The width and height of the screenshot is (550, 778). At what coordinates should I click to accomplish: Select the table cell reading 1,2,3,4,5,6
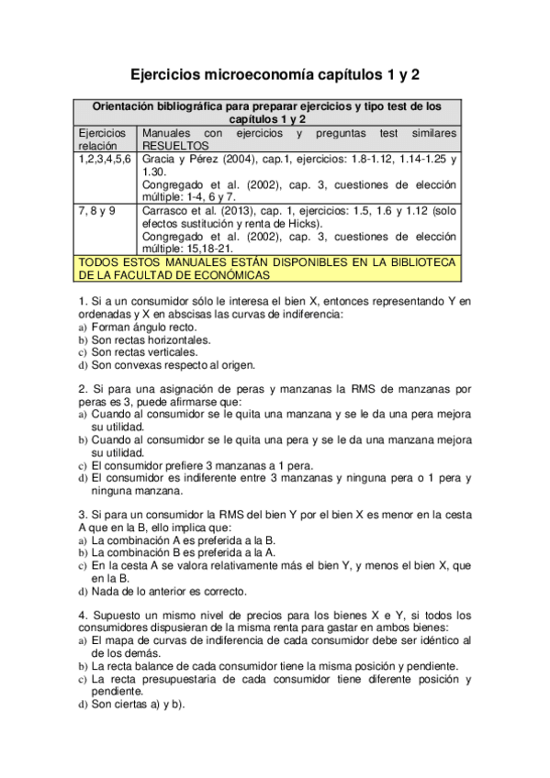105,159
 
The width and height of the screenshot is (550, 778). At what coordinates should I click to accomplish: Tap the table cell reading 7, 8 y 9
97,210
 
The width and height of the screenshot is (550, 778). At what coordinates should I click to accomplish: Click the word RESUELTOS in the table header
176,145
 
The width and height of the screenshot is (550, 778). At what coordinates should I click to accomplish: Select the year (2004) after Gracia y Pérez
241,159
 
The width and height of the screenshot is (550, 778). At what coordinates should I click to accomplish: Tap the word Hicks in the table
304,223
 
